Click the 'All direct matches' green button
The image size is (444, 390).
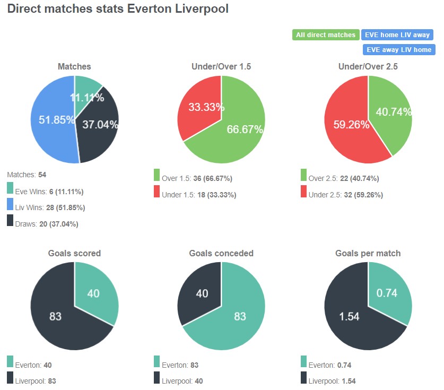(x=326, y=35)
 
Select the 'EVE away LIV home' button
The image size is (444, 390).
(x=398, y=49)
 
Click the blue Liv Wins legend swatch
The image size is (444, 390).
(x=11, y=204)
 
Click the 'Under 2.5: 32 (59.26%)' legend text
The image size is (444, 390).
(x=345, y=195)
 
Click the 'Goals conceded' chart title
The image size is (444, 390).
(x=221, y=253)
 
